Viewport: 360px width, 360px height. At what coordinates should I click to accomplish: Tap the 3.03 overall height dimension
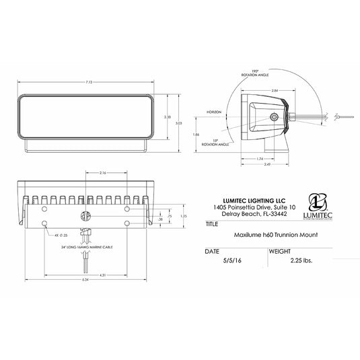click(178, 123)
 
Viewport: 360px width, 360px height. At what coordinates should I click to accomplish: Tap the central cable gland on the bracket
click(85, 216)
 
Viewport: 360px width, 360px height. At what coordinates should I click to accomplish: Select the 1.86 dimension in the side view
click(195, 135)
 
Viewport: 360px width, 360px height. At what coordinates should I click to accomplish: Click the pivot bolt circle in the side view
click(274, 117)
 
